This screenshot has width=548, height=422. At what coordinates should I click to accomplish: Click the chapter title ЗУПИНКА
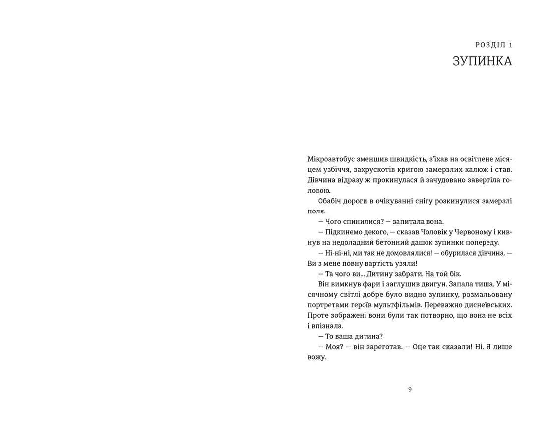coord(482,61)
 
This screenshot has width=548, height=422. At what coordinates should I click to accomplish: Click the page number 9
coord(410,389)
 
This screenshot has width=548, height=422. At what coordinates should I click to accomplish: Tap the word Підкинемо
coord(343,232)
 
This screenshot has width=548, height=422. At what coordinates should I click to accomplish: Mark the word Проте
coord(318,315)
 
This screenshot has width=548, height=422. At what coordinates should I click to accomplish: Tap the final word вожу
coord(316,357)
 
